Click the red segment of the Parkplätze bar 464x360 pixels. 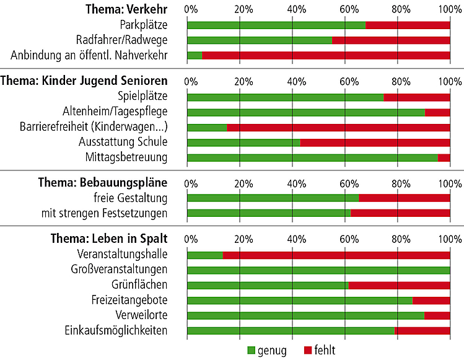pos(408,25)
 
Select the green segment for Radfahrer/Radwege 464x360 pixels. pos(260,40)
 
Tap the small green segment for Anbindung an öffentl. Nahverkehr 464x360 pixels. pos(195,56)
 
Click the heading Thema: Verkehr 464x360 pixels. pos(128,10)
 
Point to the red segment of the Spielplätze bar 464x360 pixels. pos(417,97)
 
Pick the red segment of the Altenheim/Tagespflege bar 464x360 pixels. pos(437,112)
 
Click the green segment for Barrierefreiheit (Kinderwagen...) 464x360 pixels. pos(207,127)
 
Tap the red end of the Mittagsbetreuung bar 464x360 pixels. pos(444,157)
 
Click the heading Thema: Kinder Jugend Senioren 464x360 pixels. pos(84,81)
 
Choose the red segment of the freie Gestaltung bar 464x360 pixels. pos(405,198)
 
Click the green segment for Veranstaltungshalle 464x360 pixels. pos(205,255)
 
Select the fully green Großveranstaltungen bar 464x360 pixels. pos(318,270)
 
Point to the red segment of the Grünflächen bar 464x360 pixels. pos(400,285)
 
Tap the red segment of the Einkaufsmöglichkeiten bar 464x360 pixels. pos(422,330)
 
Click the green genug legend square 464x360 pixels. pos(252,351)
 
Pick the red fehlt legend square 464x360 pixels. pos(309,351)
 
